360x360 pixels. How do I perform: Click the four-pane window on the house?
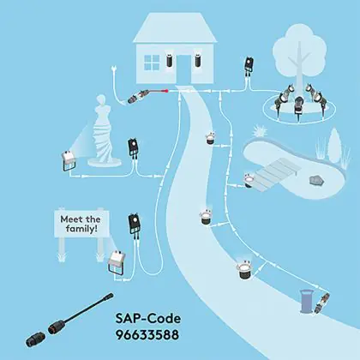pyautogui.click(x=152, y=63)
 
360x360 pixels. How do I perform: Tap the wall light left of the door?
pyautogui.click(x=170, y=60)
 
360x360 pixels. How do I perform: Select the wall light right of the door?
pyautogui.click(x=198, y=60)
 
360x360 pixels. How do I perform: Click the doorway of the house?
pyautogui.click(x=183, y=69)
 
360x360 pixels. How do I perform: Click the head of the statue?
pyautogui.click(x=101, y=100)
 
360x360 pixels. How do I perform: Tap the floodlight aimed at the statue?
pyautogui.click(x=69, y=160)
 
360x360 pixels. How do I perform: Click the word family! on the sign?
pyautogui.click(x=81, y=229)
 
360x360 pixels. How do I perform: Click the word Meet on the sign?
pyautogui.click(x=70, y=219)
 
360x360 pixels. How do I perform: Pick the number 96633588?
pyautogui.click(x=147, y=334)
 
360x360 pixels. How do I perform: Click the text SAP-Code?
pyautogui.click(x=148, y=318)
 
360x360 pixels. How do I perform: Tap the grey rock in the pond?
pyautogui.click(x=316, y=180)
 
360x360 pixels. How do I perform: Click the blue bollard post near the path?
pyautogui.click(x=306, y=301)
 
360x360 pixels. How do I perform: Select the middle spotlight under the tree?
pyautogui.click(x=298, y=105)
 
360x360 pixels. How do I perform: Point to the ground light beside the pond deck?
pyautogui.click(x=249, y=180)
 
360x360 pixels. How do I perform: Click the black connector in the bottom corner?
pyautogui.click(x=35, y=339)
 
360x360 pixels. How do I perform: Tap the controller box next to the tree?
pyautogui.click(x=249, y=65)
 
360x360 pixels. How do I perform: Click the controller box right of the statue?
pyautogui.click(x=134, y=147)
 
